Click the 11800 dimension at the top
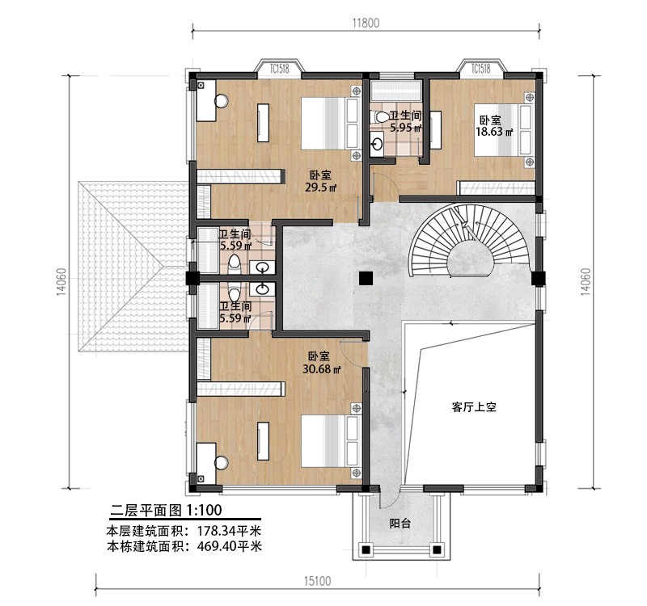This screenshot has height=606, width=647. [x=366, y=23]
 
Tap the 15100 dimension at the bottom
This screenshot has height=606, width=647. [x=317, y=581]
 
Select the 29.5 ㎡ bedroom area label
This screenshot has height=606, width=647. [x=320, y=188]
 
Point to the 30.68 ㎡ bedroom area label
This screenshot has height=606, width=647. [x=321, y=369]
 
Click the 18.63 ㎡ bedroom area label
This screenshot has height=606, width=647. [x=494, y=132]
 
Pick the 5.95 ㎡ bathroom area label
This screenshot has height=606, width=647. [x=406, y=128]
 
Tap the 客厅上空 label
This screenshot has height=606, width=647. [x=474, y=407]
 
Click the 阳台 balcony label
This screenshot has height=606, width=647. [x=400, y=524]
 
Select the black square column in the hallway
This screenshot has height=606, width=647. [x=366, y=278]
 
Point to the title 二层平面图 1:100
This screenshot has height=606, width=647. [x=166, y=511]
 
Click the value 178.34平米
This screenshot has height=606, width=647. [x=230, y=530]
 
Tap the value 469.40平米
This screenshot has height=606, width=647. [x=230, y=547]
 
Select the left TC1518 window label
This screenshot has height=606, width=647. [x=279, y=69]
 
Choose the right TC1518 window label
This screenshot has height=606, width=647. [x=480, y=69]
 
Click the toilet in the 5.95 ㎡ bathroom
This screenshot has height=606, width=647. [x=380, y=117]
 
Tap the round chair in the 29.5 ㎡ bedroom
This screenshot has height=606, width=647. [x=222, y=101]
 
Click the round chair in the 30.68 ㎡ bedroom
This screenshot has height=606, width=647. [x=221, y=462]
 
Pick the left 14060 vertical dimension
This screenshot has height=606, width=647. [x=61, y=282]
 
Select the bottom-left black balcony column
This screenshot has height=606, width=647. [x=365, y=549]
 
